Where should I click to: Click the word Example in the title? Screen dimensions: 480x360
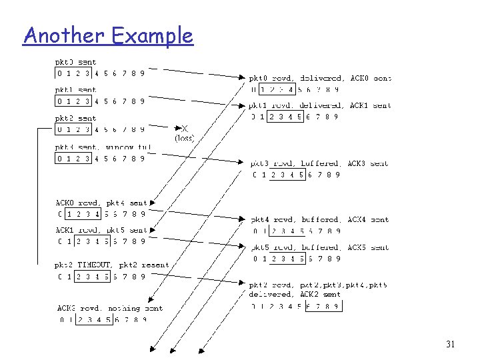153,36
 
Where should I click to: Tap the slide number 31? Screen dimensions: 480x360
451,344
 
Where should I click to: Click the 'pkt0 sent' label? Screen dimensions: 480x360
76,62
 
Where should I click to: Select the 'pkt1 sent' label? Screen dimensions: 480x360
76,90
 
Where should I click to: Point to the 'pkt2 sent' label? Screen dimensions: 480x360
76,118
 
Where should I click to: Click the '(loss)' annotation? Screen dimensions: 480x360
184,138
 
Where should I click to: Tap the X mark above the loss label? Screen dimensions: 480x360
185,128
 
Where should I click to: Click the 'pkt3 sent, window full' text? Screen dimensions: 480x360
103,147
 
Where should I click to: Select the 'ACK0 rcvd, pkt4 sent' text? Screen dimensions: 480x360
101,203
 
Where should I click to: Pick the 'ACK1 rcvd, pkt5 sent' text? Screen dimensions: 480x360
101,230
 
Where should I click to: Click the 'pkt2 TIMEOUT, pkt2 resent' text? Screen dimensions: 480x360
112,265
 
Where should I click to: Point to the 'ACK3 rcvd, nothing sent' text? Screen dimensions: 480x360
110,308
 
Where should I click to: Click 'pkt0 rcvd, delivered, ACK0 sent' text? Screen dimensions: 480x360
320,78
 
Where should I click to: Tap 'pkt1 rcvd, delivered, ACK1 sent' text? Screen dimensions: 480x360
320,105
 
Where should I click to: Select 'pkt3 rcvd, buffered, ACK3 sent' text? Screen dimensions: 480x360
319,163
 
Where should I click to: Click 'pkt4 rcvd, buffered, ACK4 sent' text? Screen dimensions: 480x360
319,219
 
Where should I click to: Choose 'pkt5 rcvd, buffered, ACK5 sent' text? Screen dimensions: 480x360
319,247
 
